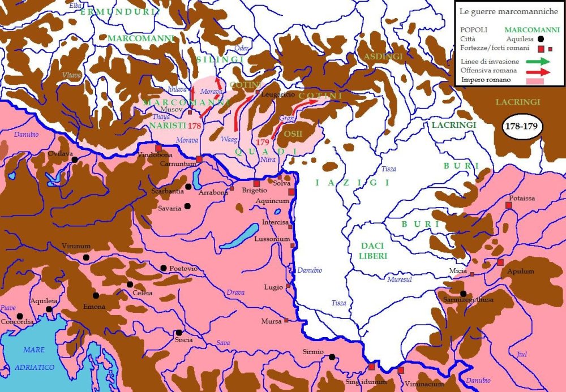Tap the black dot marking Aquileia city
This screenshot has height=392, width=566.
(50, 309)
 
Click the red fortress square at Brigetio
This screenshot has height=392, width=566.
(256, 183)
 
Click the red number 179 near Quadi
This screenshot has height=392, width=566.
(262, 142)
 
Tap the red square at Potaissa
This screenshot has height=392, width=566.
(508, 205)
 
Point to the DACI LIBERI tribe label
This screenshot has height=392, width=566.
(373, 251)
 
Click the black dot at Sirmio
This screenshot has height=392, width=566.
(332, 356)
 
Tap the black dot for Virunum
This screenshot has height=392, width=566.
(86, 257)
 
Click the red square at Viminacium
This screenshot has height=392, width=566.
(401, 371)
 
